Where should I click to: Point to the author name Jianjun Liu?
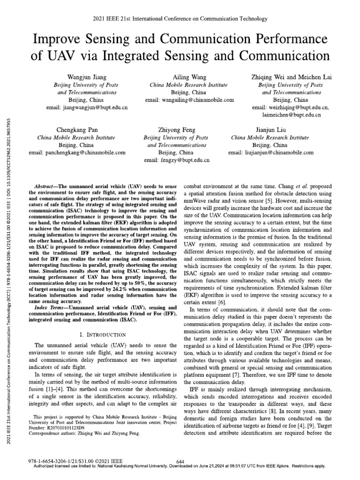click(270, 129)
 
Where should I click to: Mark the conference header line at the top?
click(180, 19)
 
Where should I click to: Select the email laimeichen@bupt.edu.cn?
click(291, 115)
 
